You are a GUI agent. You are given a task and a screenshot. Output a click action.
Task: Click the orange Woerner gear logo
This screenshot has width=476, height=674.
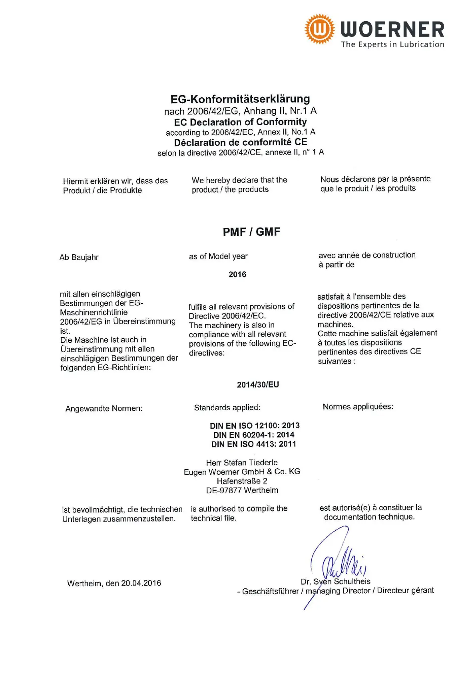(x=319, y=29)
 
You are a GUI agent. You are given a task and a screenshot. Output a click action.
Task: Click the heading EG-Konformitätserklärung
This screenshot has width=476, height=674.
(x=240, y=99)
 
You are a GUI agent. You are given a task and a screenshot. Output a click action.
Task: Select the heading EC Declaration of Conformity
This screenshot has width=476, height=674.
(x=240, y=122)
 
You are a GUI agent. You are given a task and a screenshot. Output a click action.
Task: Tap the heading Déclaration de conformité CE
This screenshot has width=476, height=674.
(x=240, y=142)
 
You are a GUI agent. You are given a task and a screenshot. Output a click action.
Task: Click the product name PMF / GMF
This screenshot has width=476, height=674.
(x=251, y=232)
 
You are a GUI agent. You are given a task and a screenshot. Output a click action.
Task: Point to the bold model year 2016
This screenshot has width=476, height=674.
(x=237, y=275)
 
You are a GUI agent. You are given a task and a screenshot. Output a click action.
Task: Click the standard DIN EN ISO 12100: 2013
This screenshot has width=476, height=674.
(x=255, y=425)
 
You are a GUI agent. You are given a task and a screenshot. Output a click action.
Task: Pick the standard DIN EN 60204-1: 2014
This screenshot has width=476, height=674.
(x=254, y=435)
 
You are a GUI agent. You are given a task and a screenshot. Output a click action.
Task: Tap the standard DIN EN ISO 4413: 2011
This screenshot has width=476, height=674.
(x=254, y=444)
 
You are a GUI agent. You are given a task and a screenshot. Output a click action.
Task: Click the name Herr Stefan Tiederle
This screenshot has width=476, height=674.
(x=242, y=463)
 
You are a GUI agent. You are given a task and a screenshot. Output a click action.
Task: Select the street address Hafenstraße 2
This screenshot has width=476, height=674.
(x=242, y=481)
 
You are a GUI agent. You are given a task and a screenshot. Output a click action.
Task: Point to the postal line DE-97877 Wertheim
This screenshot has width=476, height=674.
(x=242, y=490)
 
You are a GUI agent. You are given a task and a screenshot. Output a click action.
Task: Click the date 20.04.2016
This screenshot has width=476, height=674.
(x=141, y=583)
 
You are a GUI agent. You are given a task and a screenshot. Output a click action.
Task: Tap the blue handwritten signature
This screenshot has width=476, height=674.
(x=340, y=560)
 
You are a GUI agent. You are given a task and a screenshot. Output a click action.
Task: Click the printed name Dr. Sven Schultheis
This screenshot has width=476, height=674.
(x=335, y=582)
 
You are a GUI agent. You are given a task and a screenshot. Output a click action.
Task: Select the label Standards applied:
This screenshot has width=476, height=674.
(x=227, y=407)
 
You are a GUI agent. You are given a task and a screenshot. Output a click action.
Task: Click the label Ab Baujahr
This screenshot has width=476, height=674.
(x=79, y=257)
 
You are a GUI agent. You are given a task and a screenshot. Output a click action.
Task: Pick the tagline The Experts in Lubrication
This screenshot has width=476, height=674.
(x=392, y=44)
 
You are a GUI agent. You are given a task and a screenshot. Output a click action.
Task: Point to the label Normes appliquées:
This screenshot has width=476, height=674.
(x=358, y=407)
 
